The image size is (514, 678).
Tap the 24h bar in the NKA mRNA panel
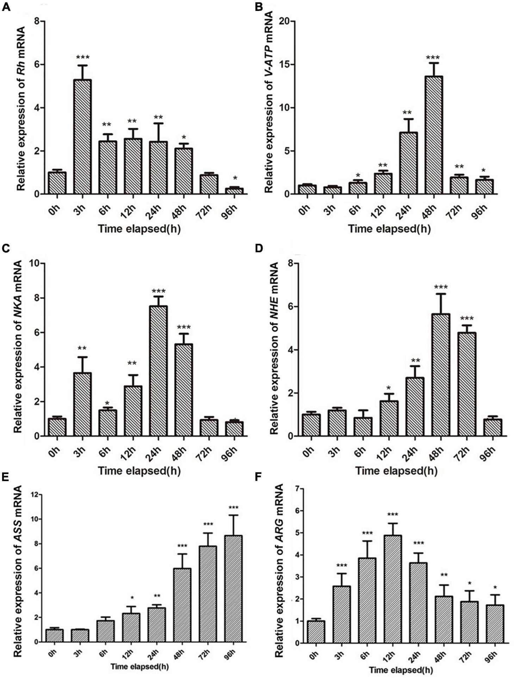pyautogui.click(x=158, y=371)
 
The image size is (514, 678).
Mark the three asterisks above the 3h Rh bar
pyautogui.click(x=82, y=57)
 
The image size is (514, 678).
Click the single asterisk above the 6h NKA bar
pyautogui.click(x=107, y=403)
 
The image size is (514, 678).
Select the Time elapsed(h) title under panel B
pyautogui.click(x=389, y=229)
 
